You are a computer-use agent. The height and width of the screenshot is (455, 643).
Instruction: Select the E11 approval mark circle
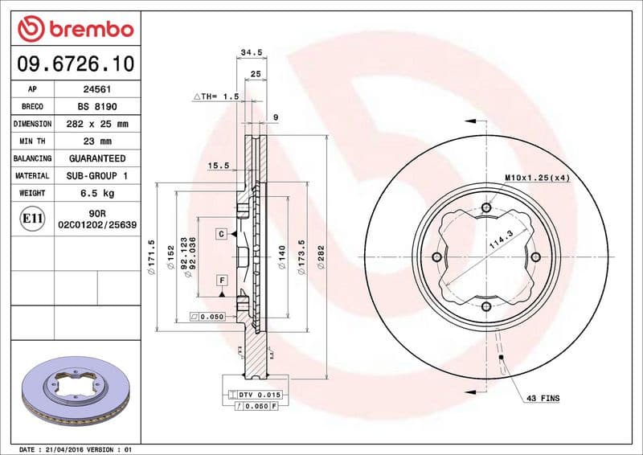[33, 218]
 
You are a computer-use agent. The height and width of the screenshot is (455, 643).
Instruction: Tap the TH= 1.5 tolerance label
[216, 96]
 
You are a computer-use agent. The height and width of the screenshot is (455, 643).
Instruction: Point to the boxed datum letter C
[219, 234]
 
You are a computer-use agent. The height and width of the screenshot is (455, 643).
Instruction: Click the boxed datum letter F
[219, 280]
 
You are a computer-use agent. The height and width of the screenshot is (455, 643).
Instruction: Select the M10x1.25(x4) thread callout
[537, 177]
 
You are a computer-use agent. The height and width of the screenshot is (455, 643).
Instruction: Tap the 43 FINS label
[543, 398]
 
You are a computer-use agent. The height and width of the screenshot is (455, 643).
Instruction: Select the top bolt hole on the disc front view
[486, 208]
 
